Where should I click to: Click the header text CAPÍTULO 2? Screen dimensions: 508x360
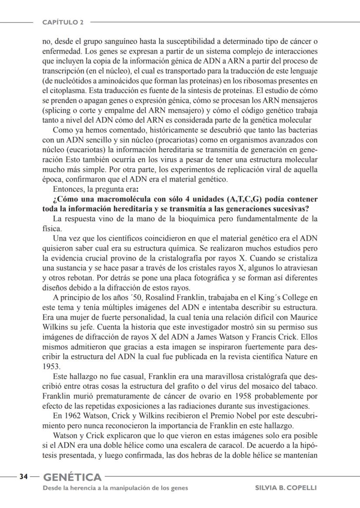pos(63,22)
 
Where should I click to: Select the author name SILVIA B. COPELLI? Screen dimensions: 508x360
pos(286,488)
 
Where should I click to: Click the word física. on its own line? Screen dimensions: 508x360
pos(52,227)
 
